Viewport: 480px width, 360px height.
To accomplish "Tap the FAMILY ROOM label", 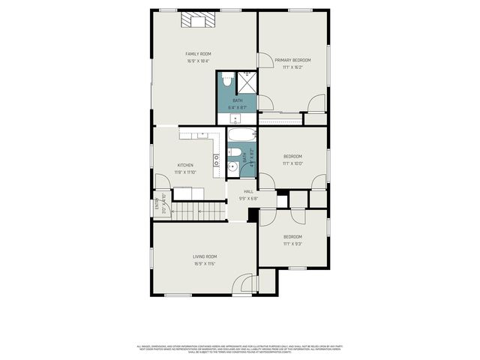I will point(199,54).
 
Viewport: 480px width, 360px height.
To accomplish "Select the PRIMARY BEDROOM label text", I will point(292,60).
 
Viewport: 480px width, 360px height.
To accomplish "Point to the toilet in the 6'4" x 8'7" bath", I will point(228,79).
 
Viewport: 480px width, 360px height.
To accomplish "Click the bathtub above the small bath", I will point(241,136).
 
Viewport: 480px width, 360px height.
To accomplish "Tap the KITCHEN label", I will point(185,165).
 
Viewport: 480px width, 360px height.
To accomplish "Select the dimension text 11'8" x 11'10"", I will point(185,172).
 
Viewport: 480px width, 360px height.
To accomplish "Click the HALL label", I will point(248,192).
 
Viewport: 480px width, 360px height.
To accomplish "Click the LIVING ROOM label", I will point(205,257).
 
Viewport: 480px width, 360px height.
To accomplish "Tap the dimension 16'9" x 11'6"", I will point(205,264).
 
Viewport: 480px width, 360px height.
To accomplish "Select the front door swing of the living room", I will point(243,284).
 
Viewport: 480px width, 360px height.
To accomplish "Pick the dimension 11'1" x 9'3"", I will point(292,244).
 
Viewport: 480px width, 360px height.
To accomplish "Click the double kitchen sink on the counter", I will point(216,160).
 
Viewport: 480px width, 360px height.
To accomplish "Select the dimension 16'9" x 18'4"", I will point(199,61).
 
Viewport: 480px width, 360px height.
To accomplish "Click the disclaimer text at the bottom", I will point(240,349).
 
